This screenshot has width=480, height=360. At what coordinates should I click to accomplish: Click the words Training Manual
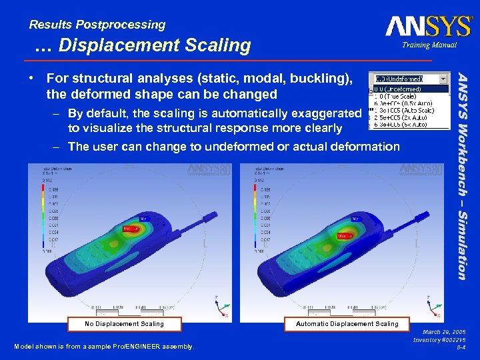tap(429, 45)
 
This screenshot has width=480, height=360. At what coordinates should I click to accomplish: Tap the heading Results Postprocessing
tap(97, 25)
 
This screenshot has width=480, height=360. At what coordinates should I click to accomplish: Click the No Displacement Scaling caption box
tap(124, 324)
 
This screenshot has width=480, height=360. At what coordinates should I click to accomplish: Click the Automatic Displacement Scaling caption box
tap(347, 324)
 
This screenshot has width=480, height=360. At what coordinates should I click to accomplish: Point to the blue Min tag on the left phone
tap(144, 218)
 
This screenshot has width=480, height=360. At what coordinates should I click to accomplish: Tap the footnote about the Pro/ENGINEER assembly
tap(104, 346)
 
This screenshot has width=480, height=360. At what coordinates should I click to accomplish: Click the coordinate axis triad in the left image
tap(219, 307)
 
